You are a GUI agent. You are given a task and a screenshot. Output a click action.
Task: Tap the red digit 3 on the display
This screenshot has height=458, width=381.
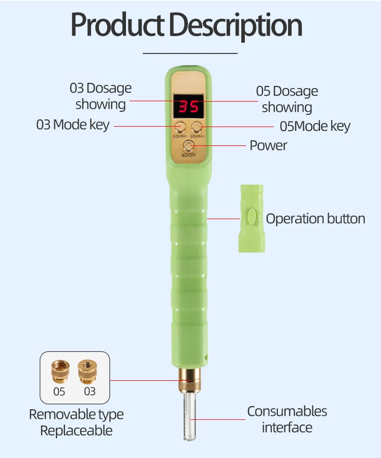tap(181, 107)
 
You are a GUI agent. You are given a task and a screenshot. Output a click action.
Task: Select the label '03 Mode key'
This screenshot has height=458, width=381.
tap(73, 125)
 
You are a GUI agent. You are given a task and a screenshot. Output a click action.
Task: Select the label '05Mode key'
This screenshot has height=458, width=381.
tap(315, 126)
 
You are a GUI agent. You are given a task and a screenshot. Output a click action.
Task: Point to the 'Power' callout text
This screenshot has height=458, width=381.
tap(268, 145)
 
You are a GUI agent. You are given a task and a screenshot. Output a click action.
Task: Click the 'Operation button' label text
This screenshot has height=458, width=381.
tap(315, 219)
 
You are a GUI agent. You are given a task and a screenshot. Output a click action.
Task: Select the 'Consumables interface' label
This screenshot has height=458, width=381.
tap(287, 419)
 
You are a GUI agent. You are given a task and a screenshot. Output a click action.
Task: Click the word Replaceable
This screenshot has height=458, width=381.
tap(76, 431)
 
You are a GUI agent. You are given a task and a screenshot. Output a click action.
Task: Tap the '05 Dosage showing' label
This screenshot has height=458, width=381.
tap(287, 99)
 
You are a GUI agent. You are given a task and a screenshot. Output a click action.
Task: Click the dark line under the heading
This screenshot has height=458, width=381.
tap(190, 53)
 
